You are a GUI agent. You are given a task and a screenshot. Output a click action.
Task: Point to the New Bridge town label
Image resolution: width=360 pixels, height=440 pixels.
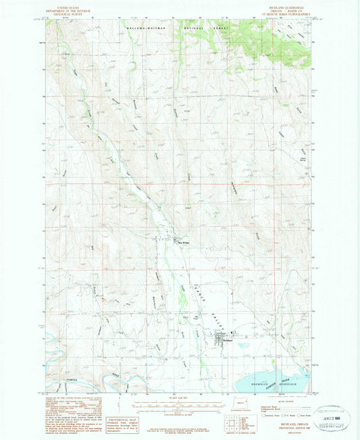point(182,244)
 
